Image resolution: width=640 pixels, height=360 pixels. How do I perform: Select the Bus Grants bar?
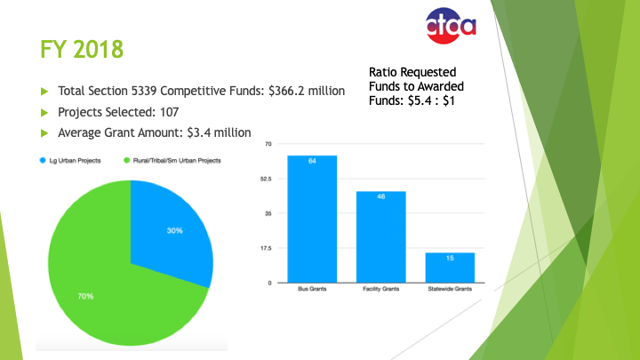[311, 219]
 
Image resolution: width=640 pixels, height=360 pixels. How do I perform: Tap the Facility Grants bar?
[380, 236]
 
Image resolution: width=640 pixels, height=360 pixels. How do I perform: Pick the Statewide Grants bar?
[450, 268]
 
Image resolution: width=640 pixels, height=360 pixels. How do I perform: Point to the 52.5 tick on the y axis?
[266, 179]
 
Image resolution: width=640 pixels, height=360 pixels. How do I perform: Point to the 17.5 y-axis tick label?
[266, 248]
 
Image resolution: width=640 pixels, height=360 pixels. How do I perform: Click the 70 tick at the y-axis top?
[268, 144]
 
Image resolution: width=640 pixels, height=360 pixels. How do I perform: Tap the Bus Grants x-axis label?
[311, 291]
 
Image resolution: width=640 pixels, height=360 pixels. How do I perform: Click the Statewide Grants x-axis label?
[450, 291]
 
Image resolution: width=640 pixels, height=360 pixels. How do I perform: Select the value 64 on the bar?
[312, 161]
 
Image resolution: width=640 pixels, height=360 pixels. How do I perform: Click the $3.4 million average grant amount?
[211, 132]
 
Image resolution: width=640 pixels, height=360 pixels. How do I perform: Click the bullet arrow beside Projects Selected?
[44, 112]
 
